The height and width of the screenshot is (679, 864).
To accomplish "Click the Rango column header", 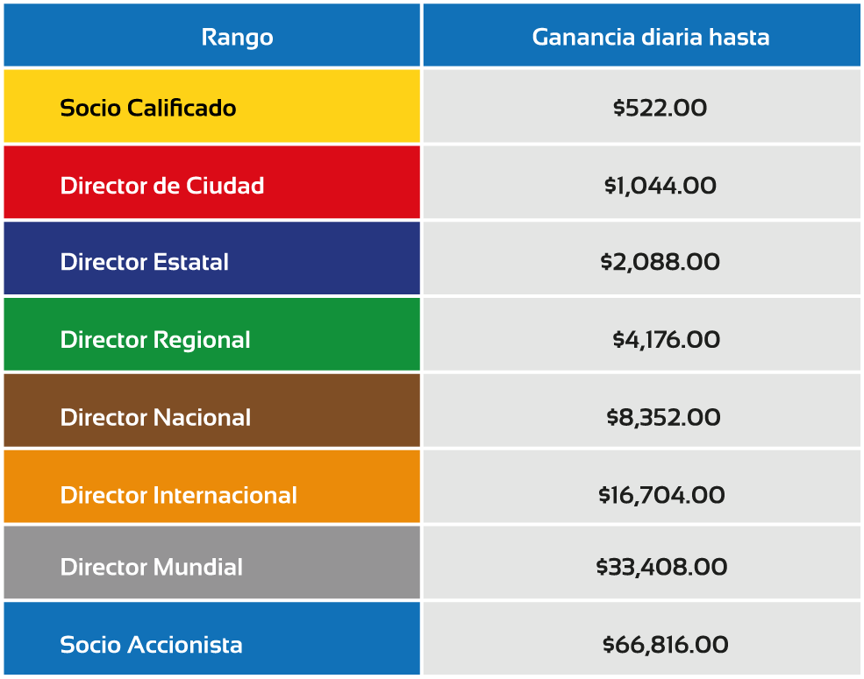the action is pyautogui.click(x=237, y=38).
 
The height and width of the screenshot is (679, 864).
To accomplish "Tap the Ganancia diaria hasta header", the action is pyautogui.click(x=651, y=37).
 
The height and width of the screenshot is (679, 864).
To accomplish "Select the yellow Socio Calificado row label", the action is pyautogui.click(x=147, y=108).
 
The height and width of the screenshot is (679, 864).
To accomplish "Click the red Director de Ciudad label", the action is pyautogui.click(x=162, y=186).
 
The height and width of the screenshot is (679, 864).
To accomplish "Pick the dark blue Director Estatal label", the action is pyautogui.click(x=145, y=262).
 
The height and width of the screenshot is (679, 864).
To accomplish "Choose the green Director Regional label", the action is pyautogui.click(x=155, y=340).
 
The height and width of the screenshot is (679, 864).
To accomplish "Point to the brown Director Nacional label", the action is pyautogui.click(x=155, y=417).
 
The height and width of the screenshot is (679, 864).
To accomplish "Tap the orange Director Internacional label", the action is pyautogui.click(x=179, y=495).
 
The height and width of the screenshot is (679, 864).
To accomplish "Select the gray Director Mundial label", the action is pyautogui.click(x=152, y=567).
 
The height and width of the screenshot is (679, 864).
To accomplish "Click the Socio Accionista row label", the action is pyautogui.click(x=151, y=644).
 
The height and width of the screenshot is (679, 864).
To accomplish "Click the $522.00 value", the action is pyautogui.click(x=660, y=108).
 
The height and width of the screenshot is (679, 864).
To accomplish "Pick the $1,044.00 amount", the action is pyautogui.click(x=660, y=186).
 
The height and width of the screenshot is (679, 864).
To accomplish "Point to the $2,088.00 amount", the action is pyautogui.click(x=660, y=262).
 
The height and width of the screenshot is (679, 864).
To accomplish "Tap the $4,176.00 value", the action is pyautogui.click(x=666, y=340).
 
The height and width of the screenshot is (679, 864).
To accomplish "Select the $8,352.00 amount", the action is pyautogui.click(x=663, y=417).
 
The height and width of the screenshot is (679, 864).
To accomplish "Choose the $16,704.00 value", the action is pyautogui.click(x=661, y=495).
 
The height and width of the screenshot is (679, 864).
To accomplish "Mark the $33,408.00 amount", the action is pyautogui.click(x=661, y=567).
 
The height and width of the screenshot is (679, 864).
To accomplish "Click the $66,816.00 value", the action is pyautogui.click(x=665, y=644).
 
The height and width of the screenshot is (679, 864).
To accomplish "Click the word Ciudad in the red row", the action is pyautogui.click(x=225, y=186).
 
